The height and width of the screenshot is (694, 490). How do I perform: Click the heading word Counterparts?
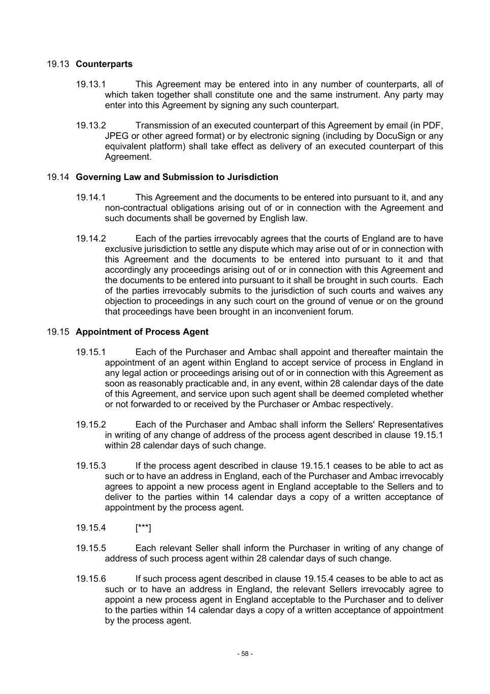coord(104,64)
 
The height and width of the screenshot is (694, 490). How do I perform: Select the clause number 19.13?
coord(58,64)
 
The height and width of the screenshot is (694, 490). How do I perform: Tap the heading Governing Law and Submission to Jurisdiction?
coord(177,177)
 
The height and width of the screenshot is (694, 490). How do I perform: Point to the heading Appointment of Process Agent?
coord(142,332)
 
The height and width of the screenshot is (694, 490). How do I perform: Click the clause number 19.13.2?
coord(91,126)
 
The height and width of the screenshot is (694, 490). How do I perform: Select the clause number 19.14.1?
coord(91,197)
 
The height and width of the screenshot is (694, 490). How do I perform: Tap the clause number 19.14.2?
coord(91,238)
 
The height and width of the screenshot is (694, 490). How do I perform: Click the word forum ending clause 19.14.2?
coord(340,312)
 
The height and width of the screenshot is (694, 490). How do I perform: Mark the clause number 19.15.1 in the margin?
coord(91,352)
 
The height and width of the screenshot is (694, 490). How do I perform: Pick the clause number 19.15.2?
coord(91,425)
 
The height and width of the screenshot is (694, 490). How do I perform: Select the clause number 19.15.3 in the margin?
coord(91,466)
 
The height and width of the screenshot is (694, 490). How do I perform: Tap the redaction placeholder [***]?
coord(143,528)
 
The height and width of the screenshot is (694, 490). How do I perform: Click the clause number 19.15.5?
coord(91,548)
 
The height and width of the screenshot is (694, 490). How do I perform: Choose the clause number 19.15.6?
coord(91,579)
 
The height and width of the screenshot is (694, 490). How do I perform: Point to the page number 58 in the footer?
coord(245,654)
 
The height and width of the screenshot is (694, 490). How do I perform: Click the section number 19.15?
coord(58,332)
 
